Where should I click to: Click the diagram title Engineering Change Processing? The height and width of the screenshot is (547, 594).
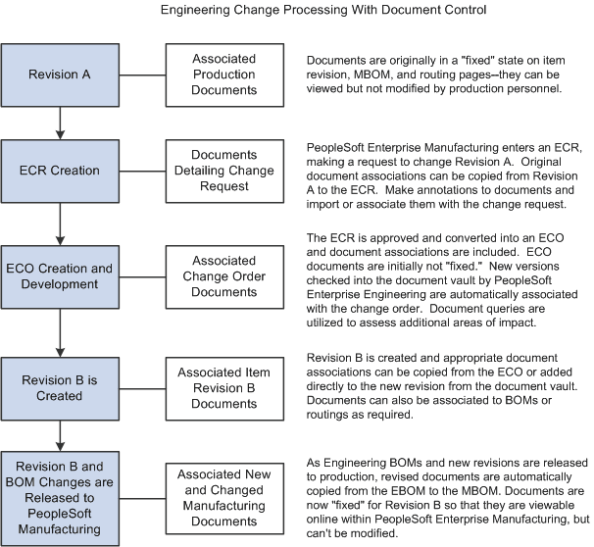pos(297,12)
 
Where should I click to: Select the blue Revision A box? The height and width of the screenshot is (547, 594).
pos(62,73)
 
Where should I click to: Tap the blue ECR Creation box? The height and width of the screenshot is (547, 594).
pos(62,171)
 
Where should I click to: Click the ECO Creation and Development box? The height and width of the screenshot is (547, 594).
pos(62,276)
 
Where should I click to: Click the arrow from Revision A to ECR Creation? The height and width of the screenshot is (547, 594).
pos(62,121)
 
